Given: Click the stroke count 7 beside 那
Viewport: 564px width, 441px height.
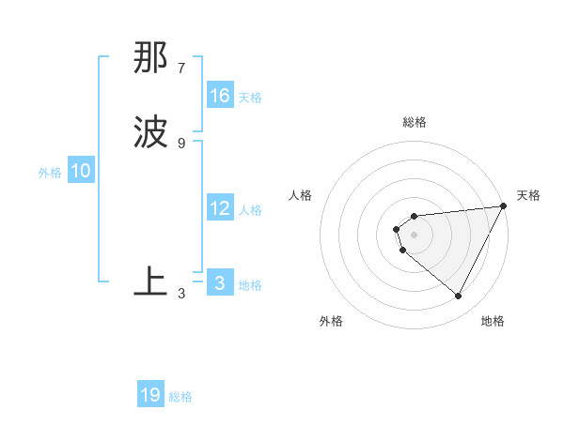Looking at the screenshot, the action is pyautogui.click(x=181, y=68).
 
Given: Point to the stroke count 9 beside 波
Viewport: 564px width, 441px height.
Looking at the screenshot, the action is pyautogui.click(x=181, y=143).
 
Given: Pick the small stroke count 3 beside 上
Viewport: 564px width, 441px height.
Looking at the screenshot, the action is pyautogui.click(x=181, y=293).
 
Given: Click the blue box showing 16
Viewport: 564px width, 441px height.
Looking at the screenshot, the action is pyautogui.click(x=220, y=96).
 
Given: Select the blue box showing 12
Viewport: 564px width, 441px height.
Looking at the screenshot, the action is pyautogui.click(x=220, y=209).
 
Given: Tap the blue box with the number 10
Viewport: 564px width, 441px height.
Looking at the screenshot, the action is pyautogui.click(x=81, y=171).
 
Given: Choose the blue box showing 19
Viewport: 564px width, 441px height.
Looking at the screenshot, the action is pyautogui.click(x=150, y=395).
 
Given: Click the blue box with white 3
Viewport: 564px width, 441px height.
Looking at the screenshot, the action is pyautogui.click(x=220, y=283).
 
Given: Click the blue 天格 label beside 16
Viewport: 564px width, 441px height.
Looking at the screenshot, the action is pyautogui.click(x=250, y=98).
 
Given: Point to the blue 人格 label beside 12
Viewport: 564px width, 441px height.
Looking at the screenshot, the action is pyautogui.click(x=250, y=210).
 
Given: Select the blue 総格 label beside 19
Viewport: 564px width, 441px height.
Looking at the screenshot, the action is pyautogui.click(x=180, y=397).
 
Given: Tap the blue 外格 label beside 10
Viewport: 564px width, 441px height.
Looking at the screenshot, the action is pyautogui.click(x=50, y=173).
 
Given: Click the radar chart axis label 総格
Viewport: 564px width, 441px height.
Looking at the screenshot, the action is pyautogui.click(x=415, y=122).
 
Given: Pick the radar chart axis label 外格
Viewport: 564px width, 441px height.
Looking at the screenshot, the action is pyautogui.click(x=331, y=321).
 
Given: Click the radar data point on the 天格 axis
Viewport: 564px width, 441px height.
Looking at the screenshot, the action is pyautogui.click(x=504, y=206).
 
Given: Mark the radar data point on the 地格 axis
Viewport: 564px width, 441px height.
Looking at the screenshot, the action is pyautogui.click(x=459, y=297).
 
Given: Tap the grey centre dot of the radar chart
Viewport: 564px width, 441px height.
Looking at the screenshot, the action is pyautogui.click(x=415, y=234).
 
